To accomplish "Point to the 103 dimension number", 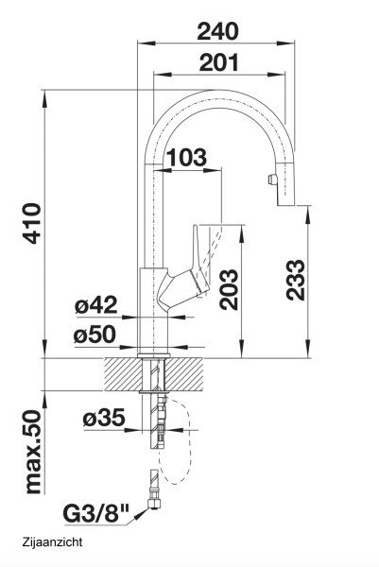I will [187, 159].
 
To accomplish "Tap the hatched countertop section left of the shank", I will [121, 372].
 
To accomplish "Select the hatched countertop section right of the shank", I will [187, 372].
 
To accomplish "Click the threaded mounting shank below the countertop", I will [153, 421].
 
